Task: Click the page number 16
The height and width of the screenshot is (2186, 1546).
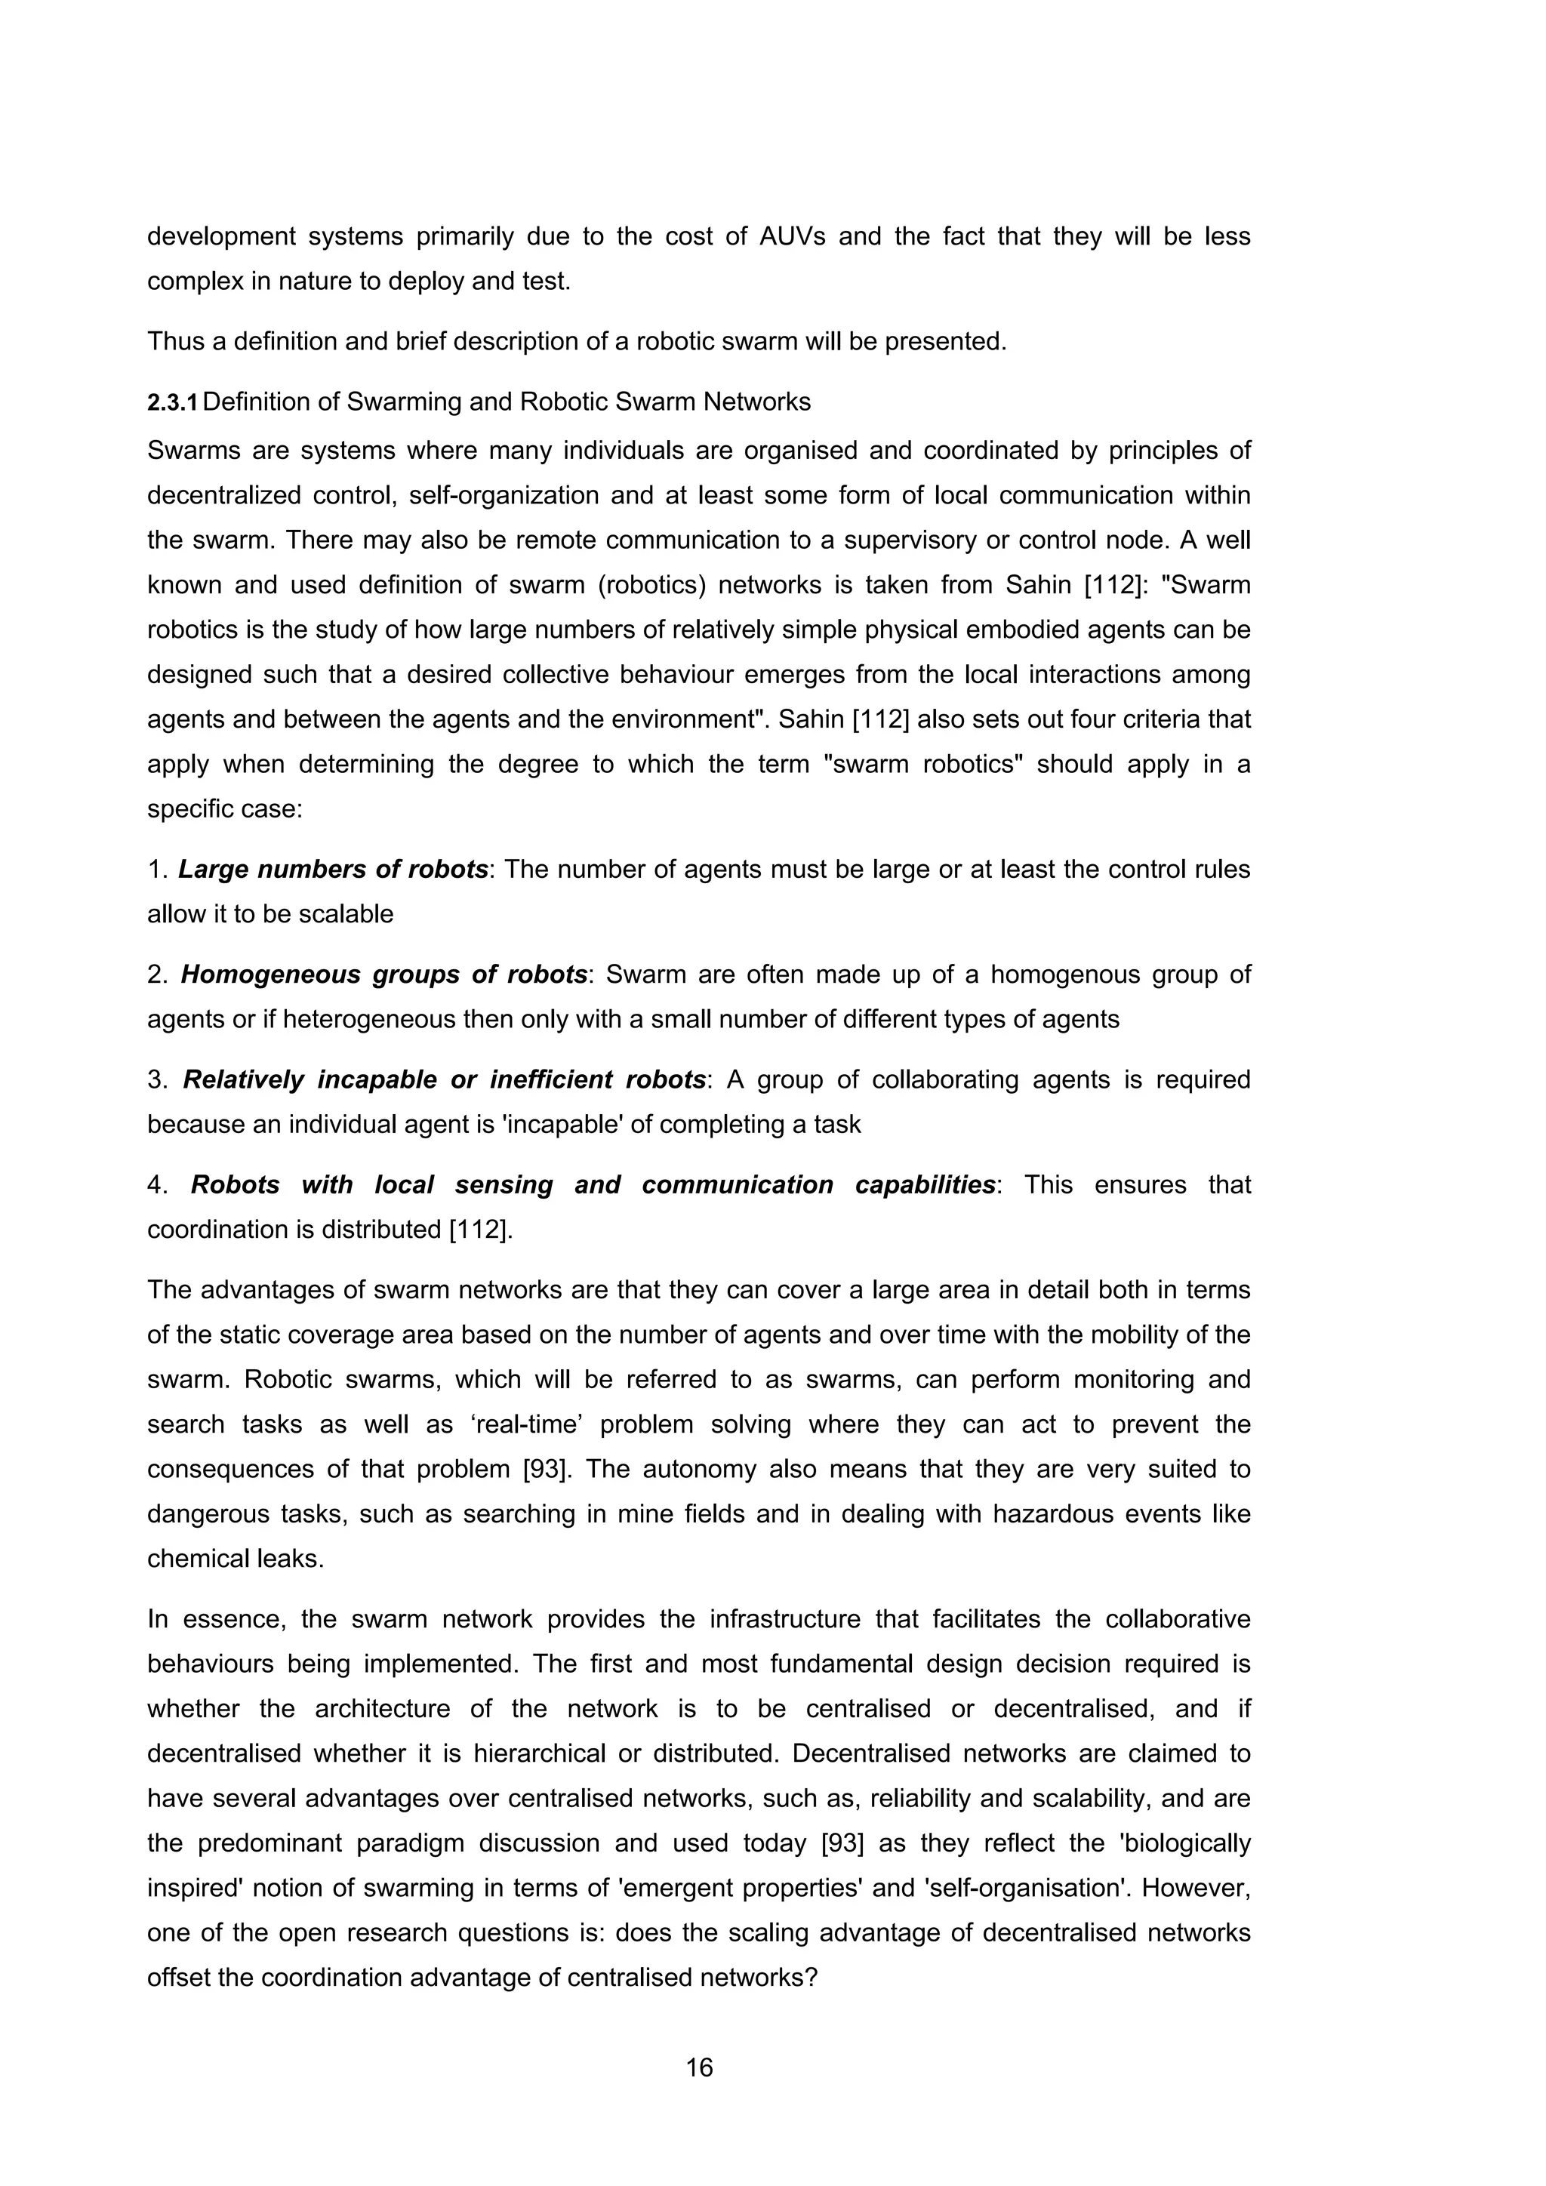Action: [x=699, y=2067]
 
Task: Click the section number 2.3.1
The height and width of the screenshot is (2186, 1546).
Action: [x=172, y=403]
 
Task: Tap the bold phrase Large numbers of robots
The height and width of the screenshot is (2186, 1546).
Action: [x=333, y=870]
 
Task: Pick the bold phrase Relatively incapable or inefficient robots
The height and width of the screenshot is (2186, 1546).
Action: [x=444, y=1079]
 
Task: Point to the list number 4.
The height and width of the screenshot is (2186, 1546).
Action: [x=157, y=1184]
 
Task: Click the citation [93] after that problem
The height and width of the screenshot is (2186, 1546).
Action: [x=547, y=1469]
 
